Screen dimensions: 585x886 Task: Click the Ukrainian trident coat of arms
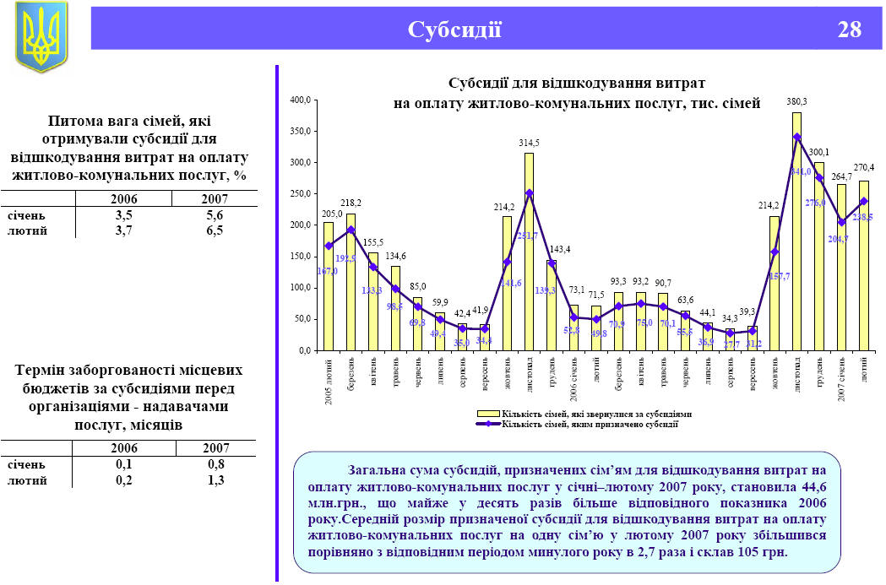coord(41,36)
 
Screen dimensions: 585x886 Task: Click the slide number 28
coord(849,30)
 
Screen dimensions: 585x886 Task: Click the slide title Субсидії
coord(454,30)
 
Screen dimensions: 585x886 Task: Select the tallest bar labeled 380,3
coord(796,232)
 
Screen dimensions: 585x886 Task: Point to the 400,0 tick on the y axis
coord(302,100)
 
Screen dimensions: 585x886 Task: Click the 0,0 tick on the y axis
coord(305,350)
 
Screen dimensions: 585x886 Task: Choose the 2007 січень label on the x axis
coord(841,380)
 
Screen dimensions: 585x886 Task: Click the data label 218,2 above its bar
coord(351,203)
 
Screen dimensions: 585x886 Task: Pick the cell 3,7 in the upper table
coord(124,230)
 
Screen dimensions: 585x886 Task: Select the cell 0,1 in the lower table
coord(124,464)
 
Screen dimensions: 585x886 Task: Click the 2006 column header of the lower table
coord(124,448)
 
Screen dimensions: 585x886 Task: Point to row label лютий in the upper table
coord(27,230)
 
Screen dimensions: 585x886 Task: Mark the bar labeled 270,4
coord(864,266)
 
